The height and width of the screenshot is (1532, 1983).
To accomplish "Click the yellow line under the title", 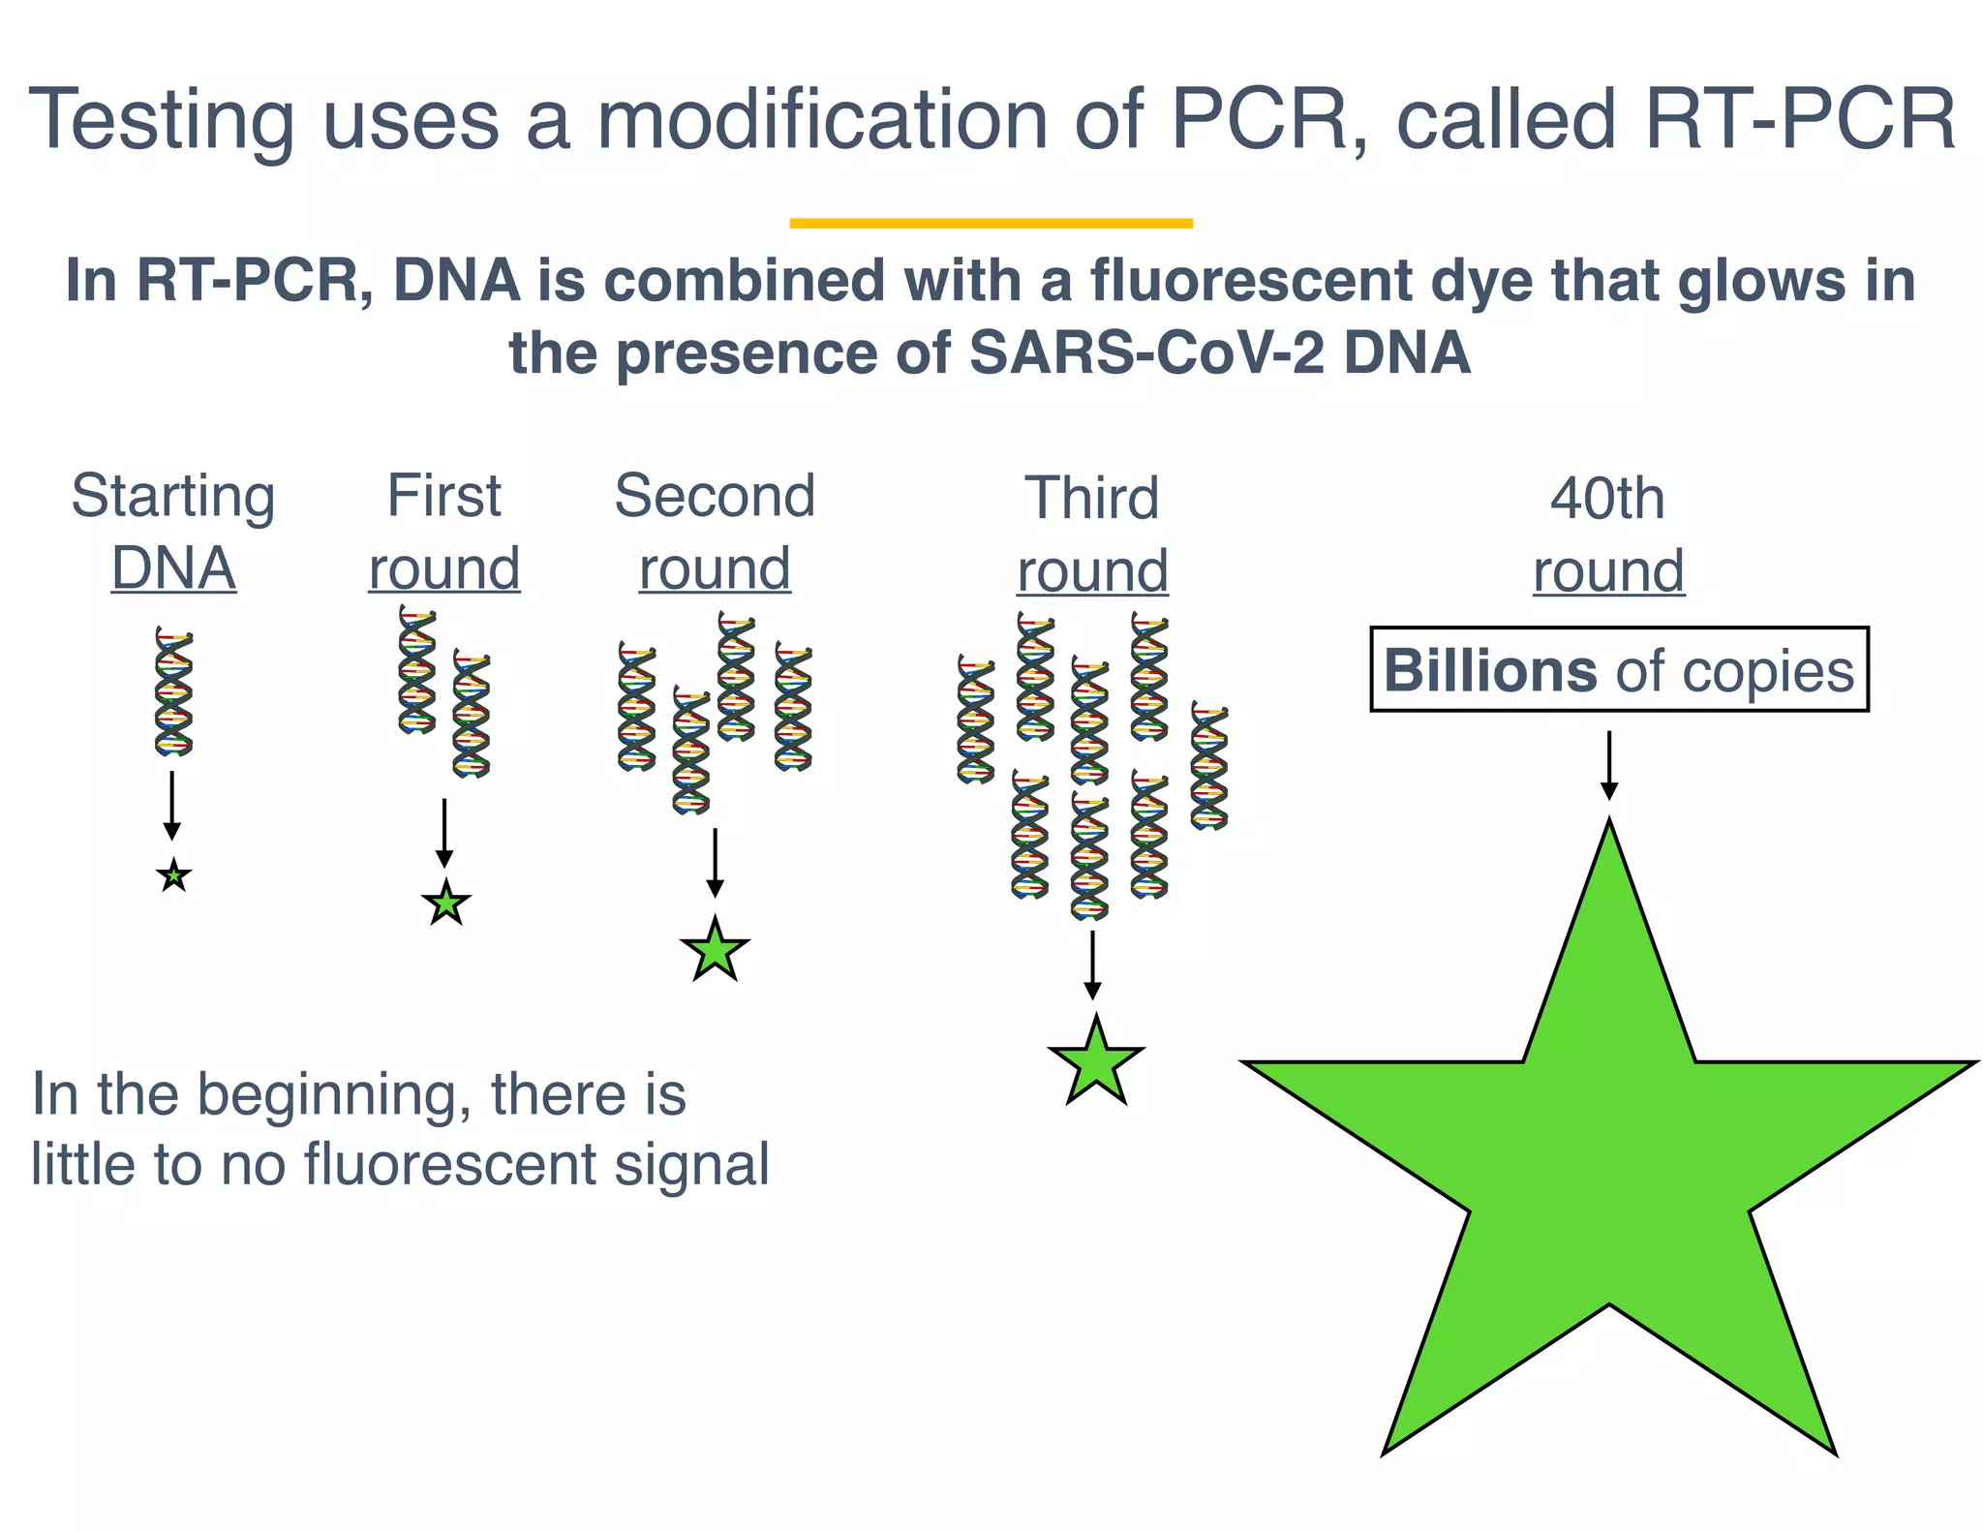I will pyautogui.click(x=991, y=224).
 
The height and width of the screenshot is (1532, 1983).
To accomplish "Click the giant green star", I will pyautogui.click(x=1608, y=1162).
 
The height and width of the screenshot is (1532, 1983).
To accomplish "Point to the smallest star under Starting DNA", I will pyautogui.click(x=173, y=876).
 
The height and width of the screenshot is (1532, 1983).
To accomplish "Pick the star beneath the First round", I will pyautogui.click(x=446, y=904).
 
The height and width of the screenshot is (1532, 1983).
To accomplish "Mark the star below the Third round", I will pyautogui.click(x=1095, y=1062).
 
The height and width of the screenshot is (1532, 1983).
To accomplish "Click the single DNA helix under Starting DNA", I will pyautogui.click(x=173, y=690).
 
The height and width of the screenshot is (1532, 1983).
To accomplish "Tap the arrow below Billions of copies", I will pyautogui.click(x=1608, y=765).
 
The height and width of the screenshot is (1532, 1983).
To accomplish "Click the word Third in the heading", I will pyautogui.click(x=1091, y=498).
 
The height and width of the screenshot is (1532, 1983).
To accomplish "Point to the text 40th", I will pyautogui.click(x=1607, y=499).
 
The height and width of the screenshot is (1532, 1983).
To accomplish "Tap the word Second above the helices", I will pyautogui.click(x=715, y=496).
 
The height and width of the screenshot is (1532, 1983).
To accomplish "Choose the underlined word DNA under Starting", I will pyautogui.click(x=173, y=568).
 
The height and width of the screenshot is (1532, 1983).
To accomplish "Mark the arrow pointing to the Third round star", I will pyautogui.click(x=1092, y=965).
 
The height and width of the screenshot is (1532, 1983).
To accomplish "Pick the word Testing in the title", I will pyautogui.click(x=161, y=120).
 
